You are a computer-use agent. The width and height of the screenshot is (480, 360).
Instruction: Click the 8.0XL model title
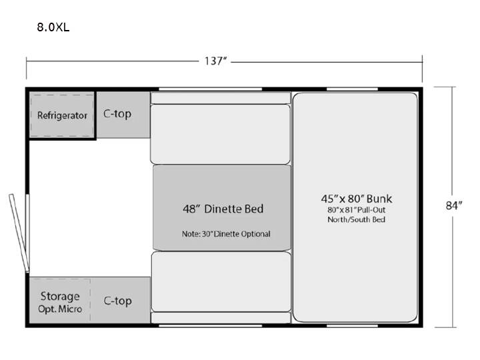coord(53,27)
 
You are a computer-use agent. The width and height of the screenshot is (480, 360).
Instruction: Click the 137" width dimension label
coord(215,61)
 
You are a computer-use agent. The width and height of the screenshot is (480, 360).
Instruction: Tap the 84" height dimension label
coord(454,205)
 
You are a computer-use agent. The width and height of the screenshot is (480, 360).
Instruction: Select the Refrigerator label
coord(62,115)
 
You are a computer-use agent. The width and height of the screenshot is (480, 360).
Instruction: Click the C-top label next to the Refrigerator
coord(117,113)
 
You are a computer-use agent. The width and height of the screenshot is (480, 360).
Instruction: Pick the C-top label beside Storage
coord(117,301)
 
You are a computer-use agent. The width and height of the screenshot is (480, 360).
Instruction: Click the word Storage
coord(60,296)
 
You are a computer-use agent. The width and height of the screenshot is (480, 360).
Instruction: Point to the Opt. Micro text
coord(60,309)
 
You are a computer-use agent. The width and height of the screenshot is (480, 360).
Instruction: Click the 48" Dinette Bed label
coord(223,209)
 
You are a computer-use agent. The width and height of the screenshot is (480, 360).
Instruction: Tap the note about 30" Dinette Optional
coord(226,234)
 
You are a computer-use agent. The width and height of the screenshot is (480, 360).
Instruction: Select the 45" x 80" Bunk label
coord(356,199)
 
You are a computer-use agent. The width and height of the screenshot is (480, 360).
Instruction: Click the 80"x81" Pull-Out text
coord(356,210)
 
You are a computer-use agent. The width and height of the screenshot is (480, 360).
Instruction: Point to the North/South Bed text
coord(356,219)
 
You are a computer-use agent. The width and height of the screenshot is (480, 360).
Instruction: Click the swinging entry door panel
coord(19,233)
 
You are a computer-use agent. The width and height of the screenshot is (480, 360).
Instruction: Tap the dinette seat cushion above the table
coord(220,135)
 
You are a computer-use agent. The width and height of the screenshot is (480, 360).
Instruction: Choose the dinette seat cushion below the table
coord(221,281)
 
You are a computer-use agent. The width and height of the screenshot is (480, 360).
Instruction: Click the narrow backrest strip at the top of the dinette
coord(221,98)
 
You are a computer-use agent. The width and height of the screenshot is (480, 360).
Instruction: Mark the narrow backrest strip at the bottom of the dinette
coord(221,318)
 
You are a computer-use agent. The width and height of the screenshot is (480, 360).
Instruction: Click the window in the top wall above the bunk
coord(352,89)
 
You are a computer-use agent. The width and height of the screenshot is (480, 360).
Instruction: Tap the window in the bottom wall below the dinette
coord(210,326)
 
